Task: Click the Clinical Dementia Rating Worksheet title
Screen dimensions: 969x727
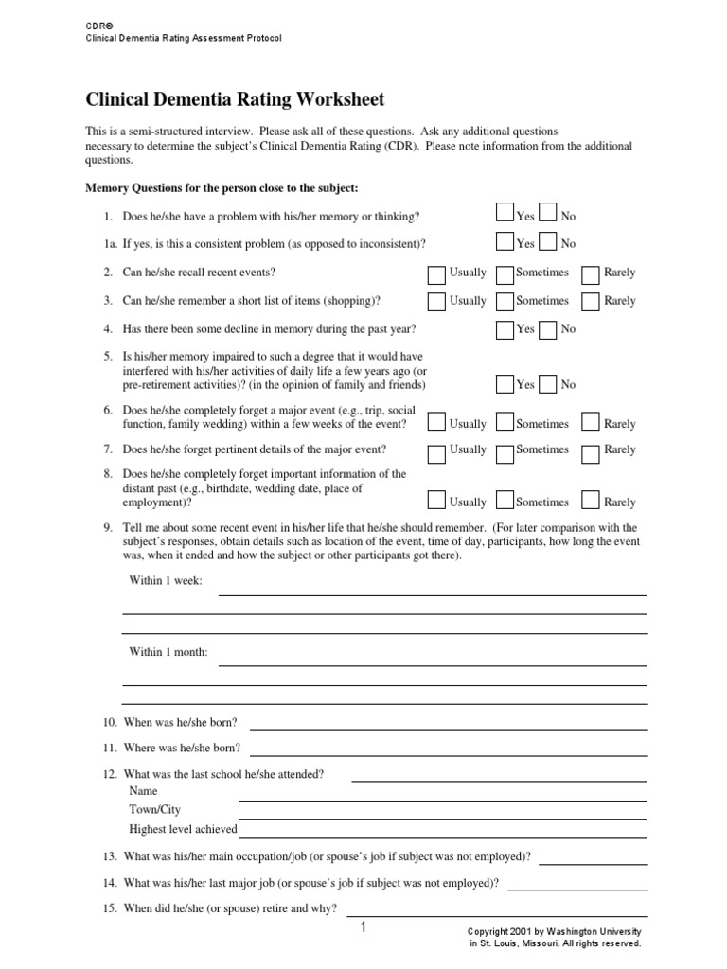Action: click(x=236, y=99)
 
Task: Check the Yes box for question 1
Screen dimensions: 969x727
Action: click(x=505, y=214)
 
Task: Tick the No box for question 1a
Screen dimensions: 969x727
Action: click(x=548, y=241)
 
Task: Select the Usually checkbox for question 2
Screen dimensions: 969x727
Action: click(x=436, y=274)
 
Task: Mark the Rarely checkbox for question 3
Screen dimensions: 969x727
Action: click(x=591, y=303)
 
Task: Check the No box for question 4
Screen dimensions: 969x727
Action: click(x=548, y=329)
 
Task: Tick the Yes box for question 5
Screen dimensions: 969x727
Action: click(x=505, y=383)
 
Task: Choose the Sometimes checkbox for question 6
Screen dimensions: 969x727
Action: click(x=505, y=422)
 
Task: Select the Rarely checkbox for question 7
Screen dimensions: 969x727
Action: click(x=591, y=451)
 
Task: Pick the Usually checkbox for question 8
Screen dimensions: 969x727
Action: click(x=436, y=501)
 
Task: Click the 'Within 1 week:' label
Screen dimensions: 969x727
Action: click(x=166, y=579)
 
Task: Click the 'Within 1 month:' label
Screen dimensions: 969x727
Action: click(x=168, y=652)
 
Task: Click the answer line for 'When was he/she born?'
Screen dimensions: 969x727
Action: click(x=449, y=730)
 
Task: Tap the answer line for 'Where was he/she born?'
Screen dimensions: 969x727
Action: click(x=449, y=754)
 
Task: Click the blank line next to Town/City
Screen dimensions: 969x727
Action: click(x=443, y=817)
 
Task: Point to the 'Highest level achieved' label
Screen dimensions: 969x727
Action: click(x=183, y=829)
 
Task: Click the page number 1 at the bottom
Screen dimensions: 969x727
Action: click(x=363, y=928)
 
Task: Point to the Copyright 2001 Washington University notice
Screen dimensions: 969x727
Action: click(x=556, y=937)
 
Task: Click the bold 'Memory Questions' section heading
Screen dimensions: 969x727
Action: click(x=222, y=187)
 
